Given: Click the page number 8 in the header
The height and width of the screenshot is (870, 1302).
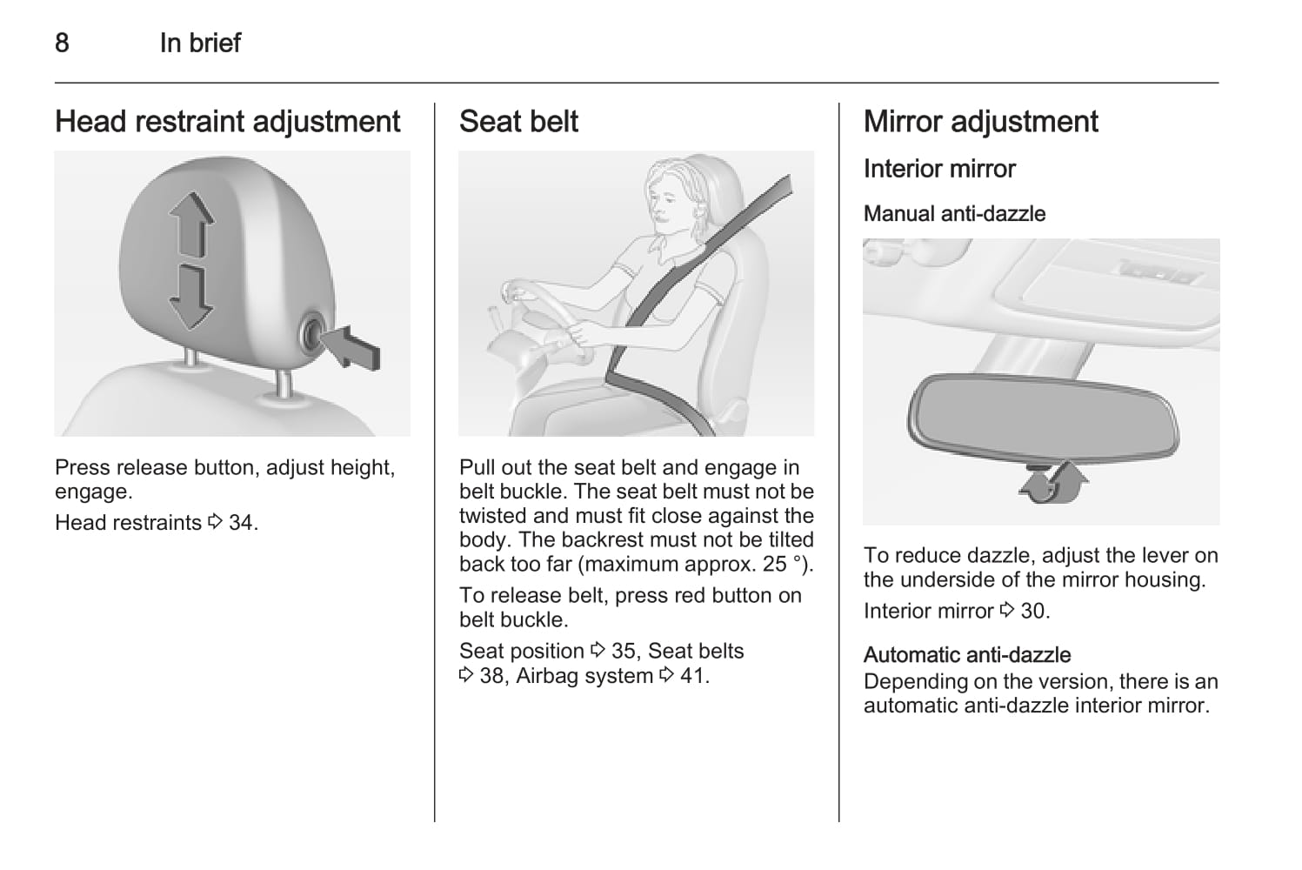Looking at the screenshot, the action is point(63,43).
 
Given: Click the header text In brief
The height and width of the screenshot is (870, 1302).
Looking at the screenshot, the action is point(200,43).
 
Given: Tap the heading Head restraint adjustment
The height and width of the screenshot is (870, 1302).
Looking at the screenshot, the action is point(227,122).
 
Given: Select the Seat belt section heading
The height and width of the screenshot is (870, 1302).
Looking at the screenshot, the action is point(518,122).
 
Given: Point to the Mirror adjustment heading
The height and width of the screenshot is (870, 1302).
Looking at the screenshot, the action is point(980,122).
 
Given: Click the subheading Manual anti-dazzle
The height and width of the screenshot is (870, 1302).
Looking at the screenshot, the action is point(954,214).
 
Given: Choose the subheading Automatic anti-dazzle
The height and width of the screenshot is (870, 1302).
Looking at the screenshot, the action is point(967,655).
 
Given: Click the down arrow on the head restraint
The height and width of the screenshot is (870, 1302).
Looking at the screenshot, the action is point(190,298).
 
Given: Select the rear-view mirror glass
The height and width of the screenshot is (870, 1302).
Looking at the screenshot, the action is point(1043,417).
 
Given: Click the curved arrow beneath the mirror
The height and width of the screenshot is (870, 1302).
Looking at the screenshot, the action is point(1053,482).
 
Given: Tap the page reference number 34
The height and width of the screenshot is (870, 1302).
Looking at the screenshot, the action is point(241,523).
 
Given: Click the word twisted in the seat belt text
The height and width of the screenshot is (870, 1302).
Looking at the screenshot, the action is point(493,516).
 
